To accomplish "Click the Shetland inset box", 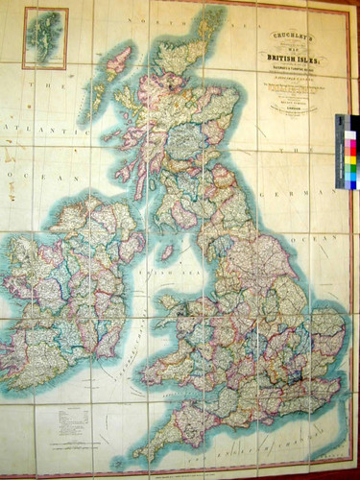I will click(x=45, y=38).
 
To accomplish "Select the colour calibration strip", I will click(x=347, y=151).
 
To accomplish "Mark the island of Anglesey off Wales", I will click(x=171, y=305).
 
